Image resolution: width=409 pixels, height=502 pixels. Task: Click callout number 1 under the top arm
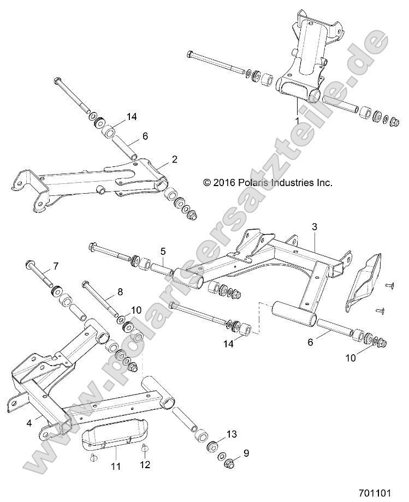tap(297, 119)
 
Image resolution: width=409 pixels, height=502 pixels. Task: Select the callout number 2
tap(174, 159)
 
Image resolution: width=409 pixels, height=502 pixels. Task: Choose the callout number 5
tap(163, 236)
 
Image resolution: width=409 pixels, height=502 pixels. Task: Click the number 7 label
tap(55, 267)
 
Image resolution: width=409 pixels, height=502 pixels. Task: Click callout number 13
tap(232, 433)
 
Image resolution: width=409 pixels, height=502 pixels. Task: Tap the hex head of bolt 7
tap(28, 266)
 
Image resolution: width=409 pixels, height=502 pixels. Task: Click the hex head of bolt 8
tap(85, 284)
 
